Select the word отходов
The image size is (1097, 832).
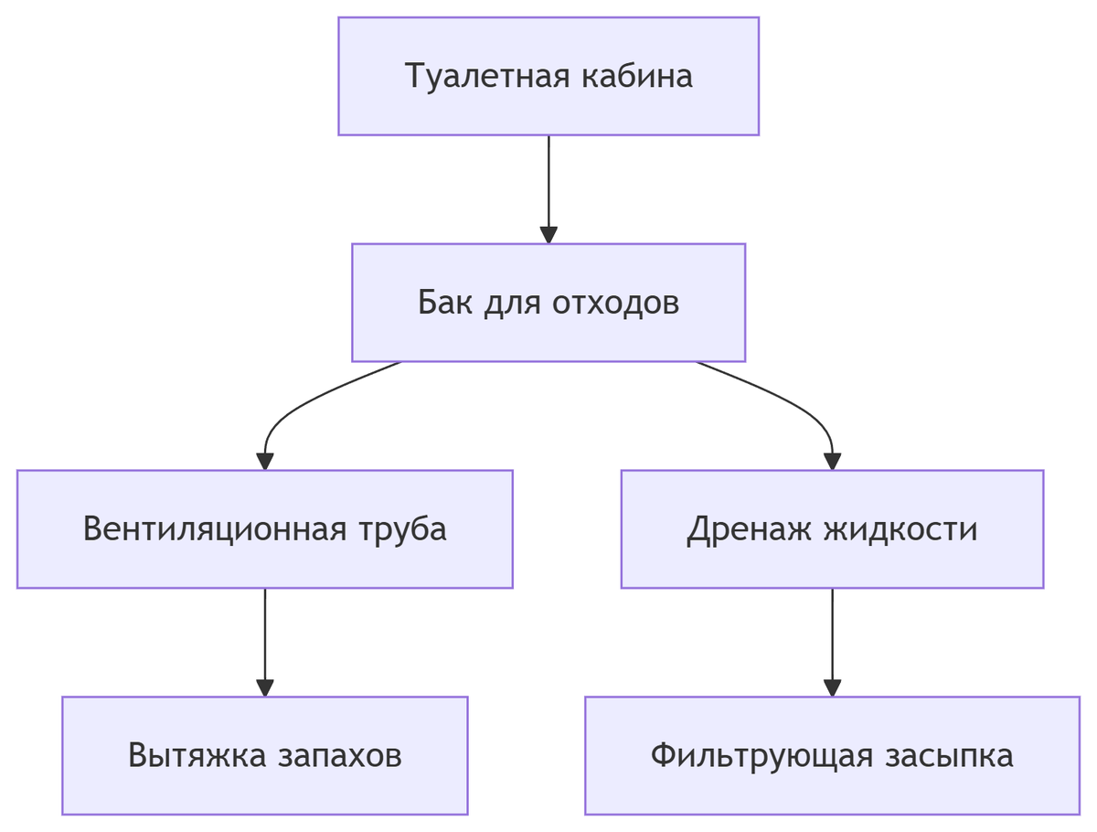click(x=616, y=303)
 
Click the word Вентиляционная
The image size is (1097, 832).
click(x=214, y=529)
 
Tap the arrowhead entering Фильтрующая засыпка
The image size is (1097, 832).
click(x=832, y=688)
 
